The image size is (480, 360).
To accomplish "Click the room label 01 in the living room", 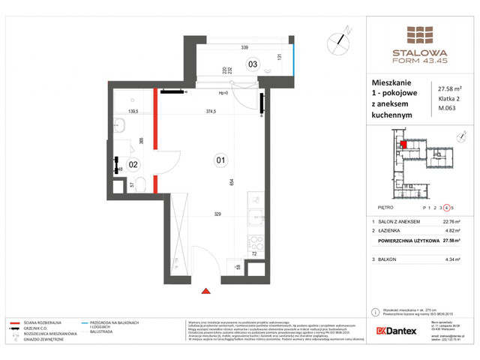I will [x=220, y=158].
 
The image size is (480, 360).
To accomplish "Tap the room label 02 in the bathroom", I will [x=133, y=163].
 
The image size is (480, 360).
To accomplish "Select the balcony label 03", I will [x=253, y=64].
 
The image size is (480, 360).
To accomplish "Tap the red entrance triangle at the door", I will [x=206, y=289].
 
